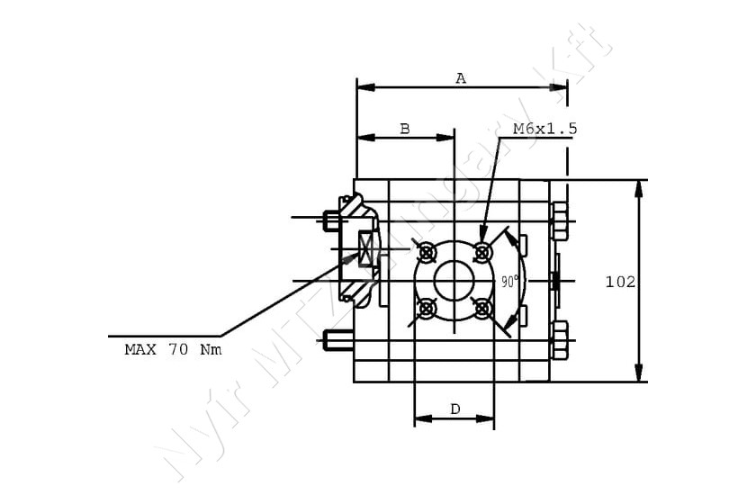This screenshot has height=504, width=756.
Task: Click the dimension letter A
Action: coord(461,78)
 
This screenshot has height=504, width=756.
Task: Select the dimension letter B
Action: coord(405,129)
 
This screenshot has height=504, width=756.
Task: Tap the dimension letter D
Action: coord(455,409)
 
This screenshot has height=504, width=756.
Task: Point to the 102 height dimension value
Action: coord(620,282)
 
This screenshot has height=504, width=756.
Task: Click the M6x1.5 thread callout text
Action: coord(544,129)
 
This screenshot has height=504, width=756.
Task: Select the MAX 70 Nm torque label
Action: coord(173,349)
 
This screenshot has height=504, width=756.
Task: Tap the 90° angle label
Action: coord(510,281)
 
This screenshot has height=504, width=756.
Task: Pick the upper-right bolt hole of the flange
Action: coord(482,251)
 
